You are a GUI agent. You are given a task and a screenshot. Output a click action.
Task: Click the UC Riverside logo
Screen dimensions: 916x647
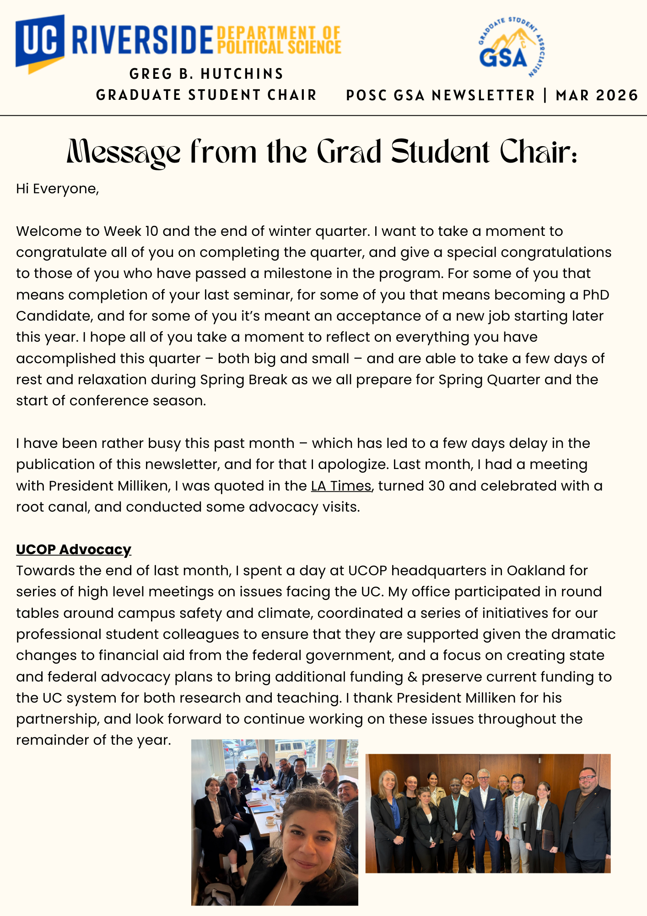[x=114, y=41]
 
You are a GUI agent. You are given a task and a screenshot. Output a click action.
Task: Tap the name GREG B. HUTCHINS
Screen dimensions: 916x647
[x=206, y=74]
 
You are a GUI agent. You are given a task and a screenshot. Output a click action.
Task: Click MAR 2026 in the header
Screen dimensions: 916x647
[x=597, y=95]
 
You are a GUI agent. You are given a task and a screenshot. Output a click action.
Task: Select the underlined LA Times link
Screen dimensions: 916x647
[x=341, y=485]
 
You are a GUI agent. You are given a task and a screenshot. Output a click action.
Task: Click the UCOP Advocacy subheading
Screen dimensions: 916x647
[x=74, y=549]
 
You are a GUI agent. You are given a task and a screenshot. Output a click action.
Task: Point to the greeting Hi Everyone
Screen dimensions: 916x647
[x=57, y=189]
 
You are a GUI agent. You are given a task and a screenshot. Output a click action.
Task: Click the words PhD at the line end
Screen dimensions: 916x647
[x=596, y=295]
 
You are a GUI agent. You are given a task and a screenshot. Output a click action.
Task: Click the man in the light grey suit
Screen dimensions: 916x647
[x=518, y=820]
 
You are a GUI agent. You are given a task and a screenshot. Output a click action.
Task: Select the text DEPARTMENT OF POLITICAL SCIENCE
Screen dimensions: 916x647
[x=279, y=40]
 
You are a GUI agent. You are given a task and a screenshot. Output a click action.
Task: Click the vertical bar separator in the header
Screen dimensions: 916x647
[x=545, y=95]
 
